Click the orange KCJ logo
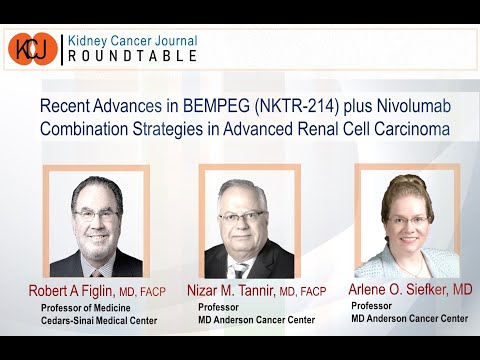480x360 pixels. (32, 49)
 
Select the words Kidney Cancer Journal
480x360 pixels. (131, 40)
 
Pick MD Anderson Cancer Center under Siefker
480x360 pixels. (408, 318)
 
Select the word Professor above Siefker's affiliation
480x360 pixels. (373, 305)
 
